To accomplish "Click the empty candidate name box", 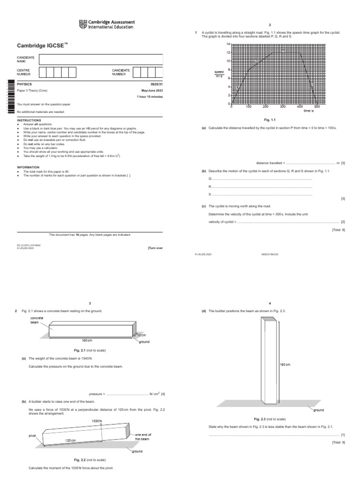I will coord(101,60).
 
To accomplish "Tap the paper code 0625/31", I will coord(156,84).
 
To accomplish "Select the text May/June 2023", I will coord(152,90).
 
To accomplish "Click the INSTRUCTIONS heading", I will coord(29,120).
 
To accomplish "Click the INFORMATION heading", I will coord(28,167).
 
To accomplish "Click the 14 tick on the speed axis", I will coord(228,44).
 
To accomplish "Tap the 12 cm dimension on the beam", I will coord(142,335).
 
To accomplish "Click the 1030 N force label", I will coord(97,420).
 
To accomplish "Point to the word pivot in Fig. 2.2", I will coord(32,436).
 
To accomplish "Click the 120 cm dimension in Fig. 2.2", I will coord(71,441).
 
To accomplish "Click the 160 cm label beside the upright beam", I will coord(285,364).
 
